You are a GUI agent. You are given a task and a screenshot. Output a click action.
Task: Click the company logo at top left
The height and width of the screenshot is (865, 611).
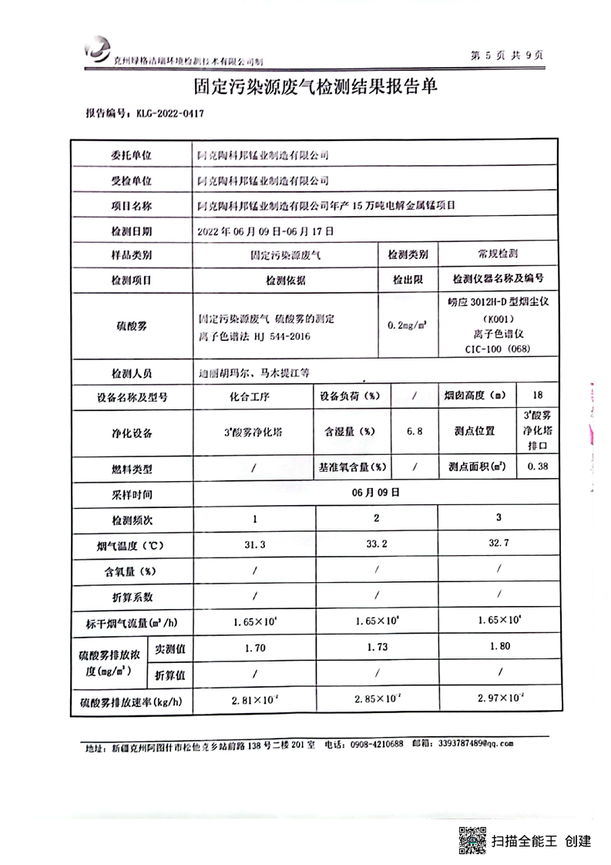pos(98,52)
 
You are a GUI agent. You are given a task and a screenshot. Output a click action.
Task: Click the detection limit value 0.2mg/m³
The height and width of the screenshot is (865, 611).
pos(408,326)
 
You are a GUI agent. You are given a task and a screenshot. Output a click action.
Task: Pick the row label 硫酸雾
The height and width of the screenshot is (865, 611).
pos(132,326)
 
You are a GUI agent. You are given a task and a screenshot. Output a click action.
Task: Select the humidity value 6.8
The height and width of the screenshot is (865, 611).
pos(415,432)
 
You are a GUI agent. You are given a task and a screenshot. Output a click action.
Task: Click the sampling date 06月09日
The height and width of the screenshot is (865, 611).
pos(375,492)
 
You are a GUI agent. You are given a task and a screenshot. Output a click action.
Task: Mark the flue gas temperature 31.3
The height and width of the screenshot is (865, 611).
pos(254,544)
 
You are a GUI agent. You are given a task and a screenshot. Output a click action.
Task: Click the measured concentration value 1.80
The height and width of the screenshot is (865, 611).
pos(499,646)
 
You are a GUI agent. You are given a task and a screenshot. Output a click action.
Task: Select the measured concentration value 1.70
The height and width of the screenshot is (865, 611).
pos(254,648)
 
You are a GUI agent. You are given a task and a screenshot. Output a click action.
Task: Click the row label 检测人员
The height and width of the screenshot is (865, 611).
pos(132,372)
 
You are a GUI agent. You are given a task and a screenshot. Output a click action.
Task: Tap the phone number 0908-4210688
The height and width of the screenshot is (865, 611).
pos(377,744)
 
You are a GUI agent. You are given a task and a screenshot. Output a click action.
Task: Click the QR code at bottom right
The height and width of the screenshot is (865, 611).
pos(472,840)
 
